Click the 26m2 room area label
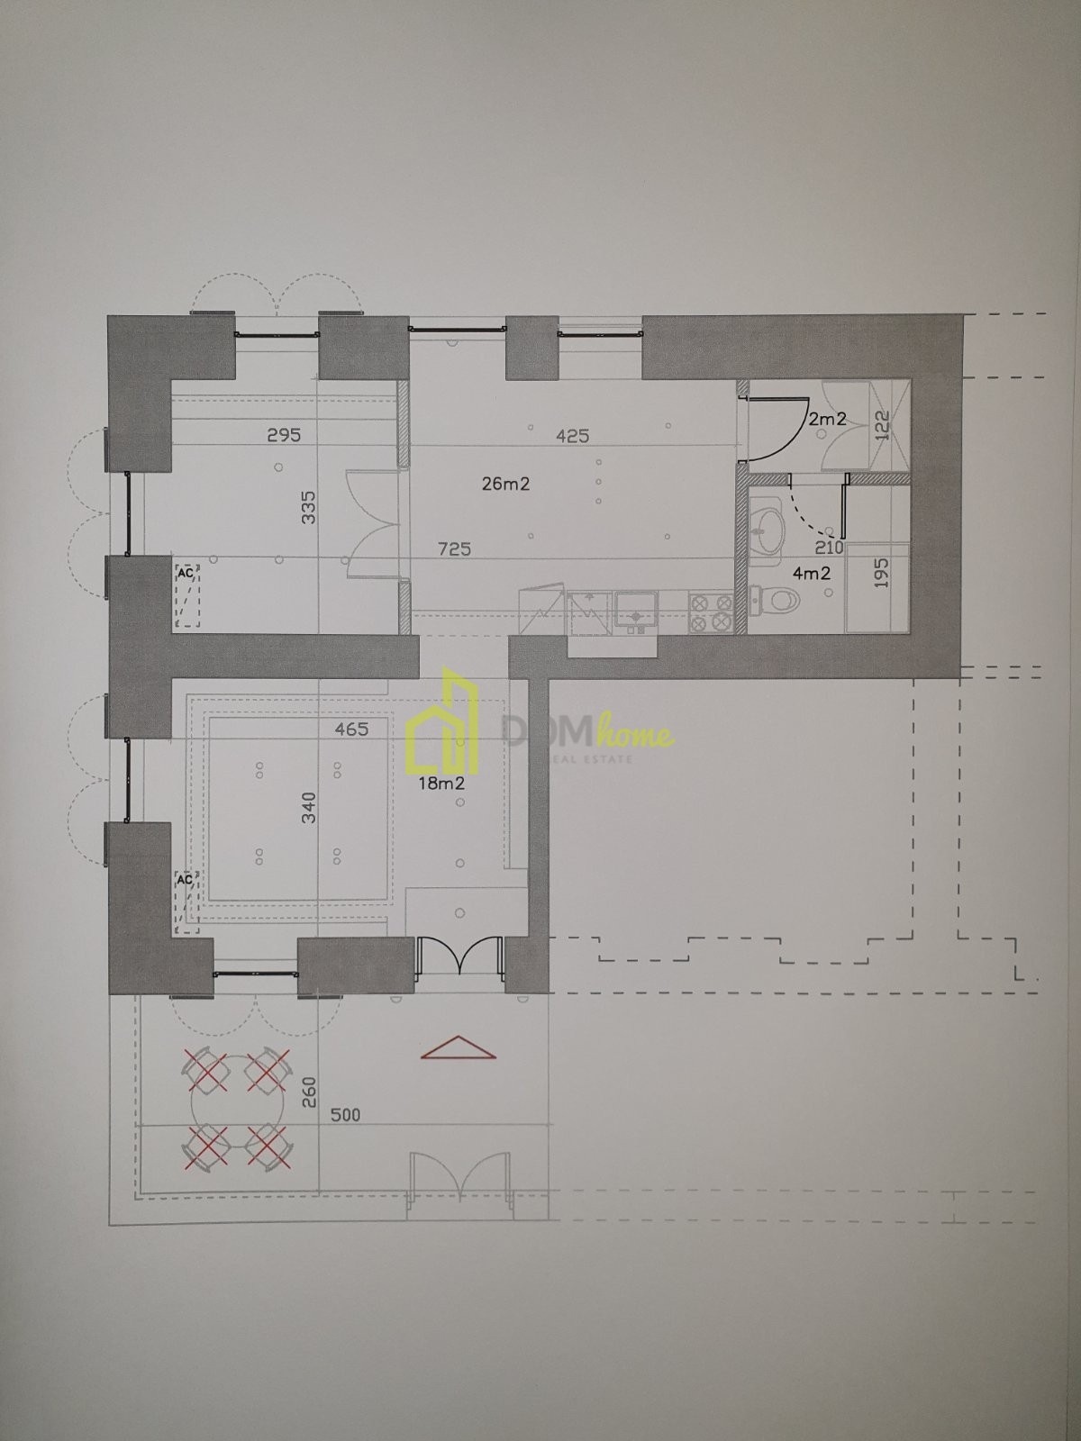click(505, 484)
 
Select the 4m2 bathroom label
click(812, 574)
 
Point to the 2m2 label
click(827, 419)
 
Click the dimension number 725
click(454, 548)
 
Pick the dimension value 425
click(572, 436)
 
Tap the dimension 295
click(284, 435)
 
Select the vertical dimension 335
click(308, 507)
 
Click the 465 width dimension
click(351, 729)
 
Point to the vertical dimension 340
click(308, 808)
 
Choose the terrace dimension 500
click(344, 1115)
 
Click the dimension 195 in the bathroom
click(881, 573)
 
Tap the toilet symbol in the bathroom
click(775, 600)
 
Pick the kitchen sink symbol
click(636, 612)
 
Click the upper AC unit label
click(186, 573)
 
